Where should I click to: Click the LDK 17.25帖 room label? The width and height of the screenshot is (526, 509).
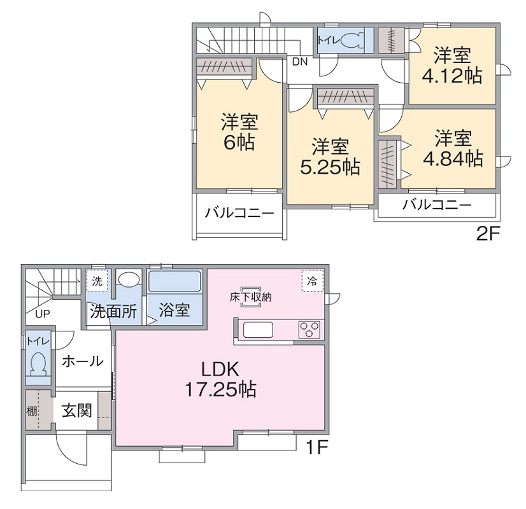[220, 379]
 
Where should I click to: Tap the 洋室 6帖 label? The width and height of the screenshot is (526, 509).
[239, 132]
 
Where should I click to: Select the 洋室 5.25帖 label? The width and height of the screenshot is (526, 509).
[330, 157]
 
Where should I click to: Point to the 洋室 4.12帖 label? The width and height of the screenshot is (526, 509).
[451, 64]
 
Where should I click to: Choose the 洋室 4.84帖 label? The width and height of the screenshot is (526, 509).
[453, 148]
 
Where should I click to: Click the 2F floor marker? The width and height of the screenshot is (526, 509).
[490, 234]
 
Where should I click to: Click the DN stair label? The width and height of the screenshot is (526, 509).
[300, 62]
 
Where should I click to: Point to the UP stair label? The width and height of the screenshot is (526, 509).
[43, 314]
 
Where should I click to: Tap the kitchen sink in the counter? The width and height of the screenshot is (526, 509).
[258, 330]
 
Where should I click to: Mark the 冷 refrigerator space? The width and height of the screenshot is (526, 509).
[312, 281]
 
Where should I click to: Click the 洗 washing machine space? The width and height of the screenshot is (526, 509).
[97, 281]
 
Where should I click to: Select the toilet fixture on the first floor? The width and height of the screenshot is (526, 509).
[38, 363]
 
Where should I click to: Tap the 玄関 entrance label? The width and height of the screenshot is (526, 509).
[77, 410]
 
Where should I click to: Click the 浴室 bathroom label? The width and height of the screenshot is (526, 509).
[174, 310]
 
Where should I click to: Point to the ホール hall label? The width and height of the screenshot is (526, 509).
[82, 361]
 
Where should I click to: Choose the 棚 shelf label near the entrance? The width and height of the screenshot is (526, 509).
[31, 410]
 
